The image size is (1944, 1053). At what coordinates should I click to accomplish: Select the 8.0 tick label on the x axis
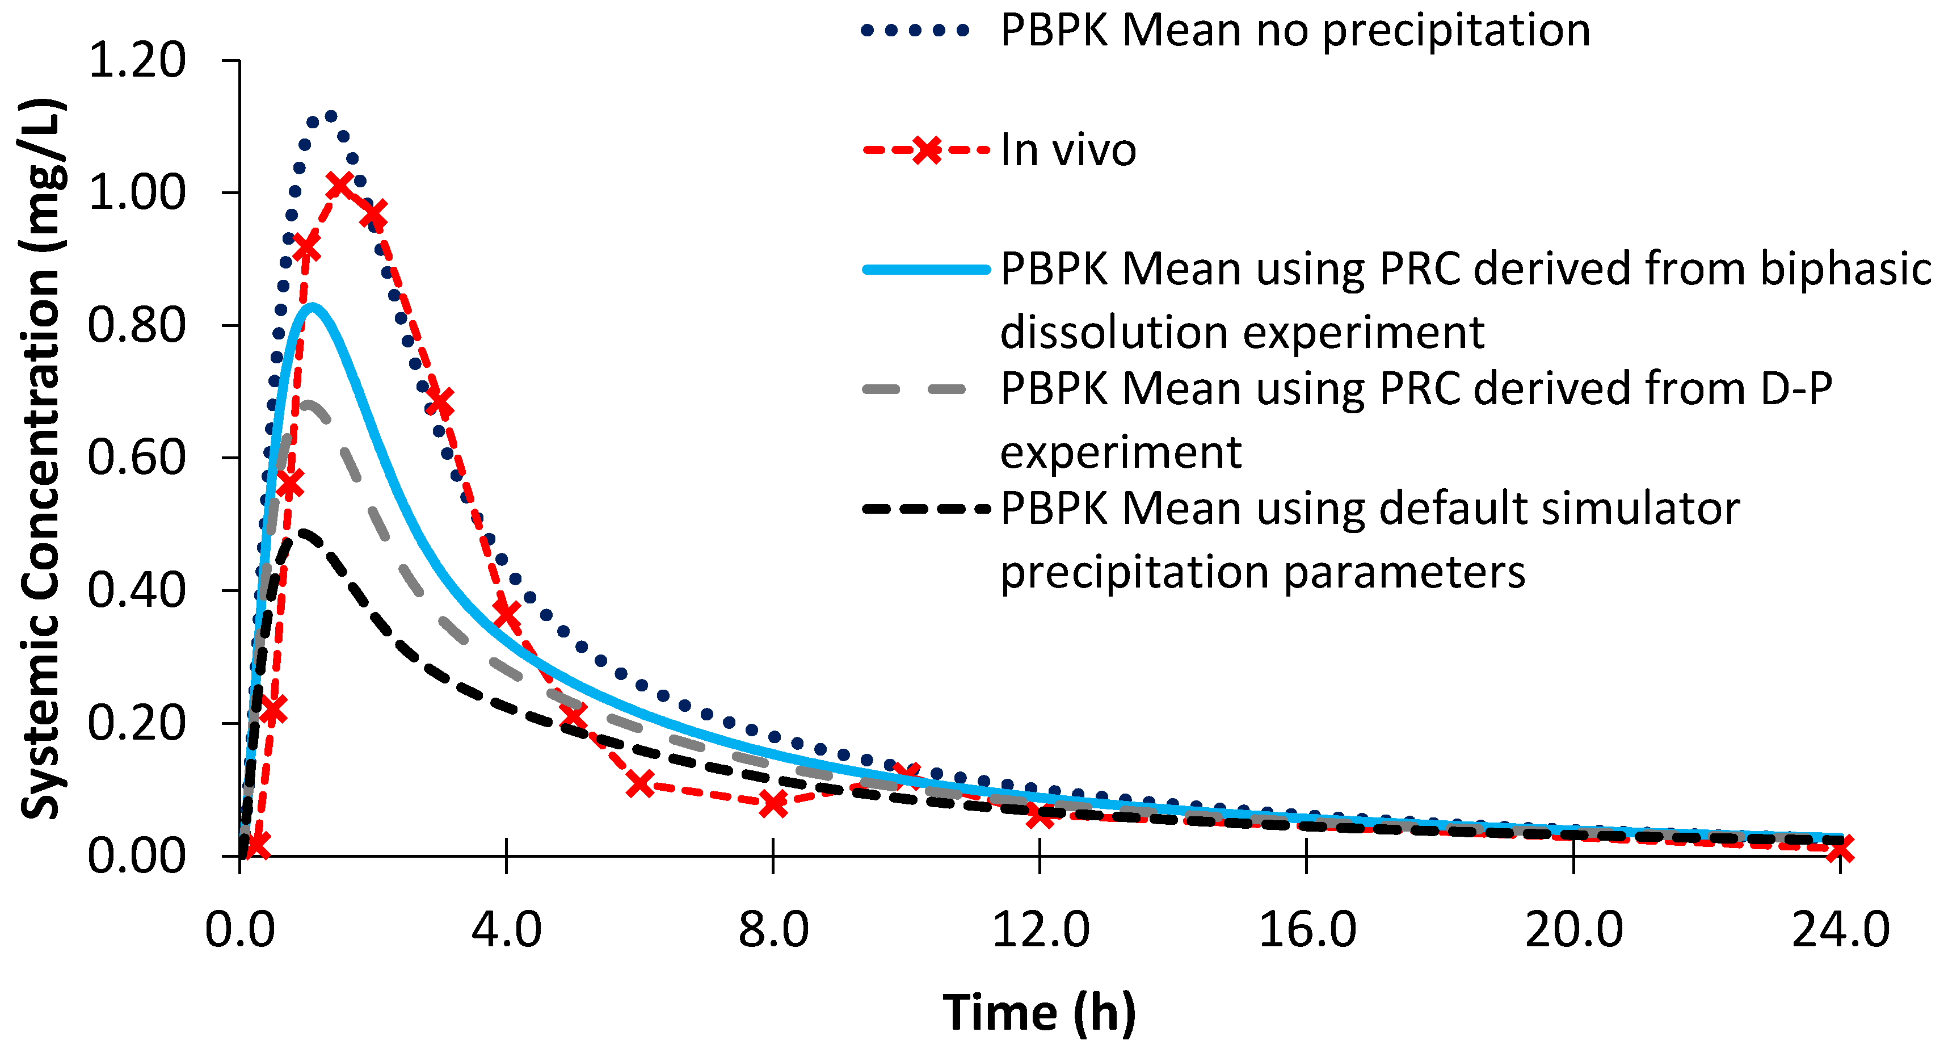click(773, 929)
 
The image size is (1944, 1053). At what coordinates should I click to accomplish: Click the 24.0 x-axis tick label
click(1840, 929)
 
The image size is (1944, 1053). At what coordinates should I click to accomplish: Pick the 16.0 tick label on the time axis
click(1306, 929)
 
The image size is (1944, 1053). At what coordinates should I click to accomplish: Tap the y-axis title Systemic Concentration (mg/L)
click(41, 458)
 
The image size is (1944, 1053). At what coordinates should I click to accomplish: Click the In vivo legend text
click(1068, 149)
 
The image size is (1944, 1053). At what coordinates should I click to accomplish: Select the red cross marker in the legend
click(927, 149)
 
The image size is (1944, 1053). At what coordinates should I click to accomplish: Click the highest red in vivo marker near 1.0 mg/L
click(339, 184)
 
